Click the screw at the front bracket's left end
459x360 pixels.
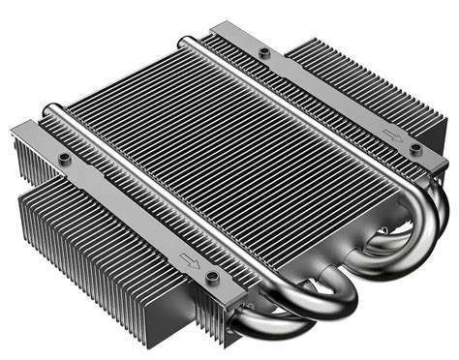pyautogui.click(x=64, y=158)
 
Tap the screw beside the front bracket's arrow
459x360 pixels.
pyautogui.click(x=212, y=276)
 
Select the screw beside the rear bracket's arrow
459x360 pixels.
pyautogui.click(x=415, y=149)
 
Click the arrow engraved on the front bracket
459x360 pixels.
pyautogui.click(x=184, y=258)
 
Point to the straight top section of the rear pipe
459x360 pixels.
pyautogui.click(x=291, y=106)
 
